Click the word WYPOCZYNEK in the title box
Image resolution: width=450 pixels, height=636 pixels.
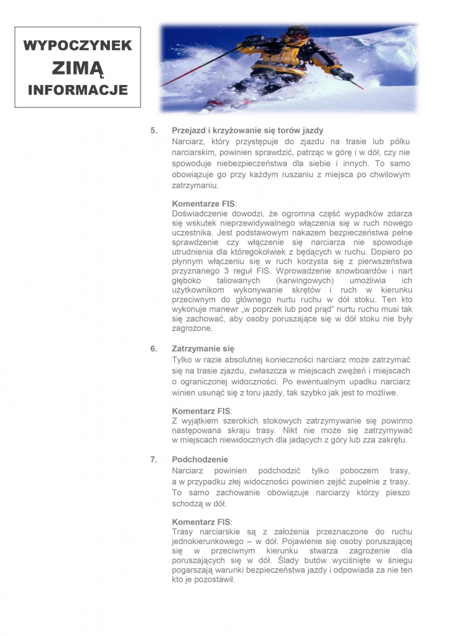pos(78,45)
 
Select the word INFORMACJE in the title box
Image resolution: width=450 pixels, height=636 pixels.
pos(78,90)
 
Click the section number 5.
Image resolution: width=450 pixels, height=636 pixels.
pos(154,130)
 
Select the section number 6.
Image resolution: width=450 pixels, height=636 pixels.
pos(154,348)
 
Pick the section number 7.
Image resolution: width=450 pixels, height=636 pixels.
pos(154,460)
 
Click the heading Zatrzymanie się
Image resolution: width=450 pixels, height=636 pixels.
pos(203,348)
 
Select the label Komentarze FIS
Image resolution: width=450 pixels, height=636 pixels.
pos(203,203)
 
